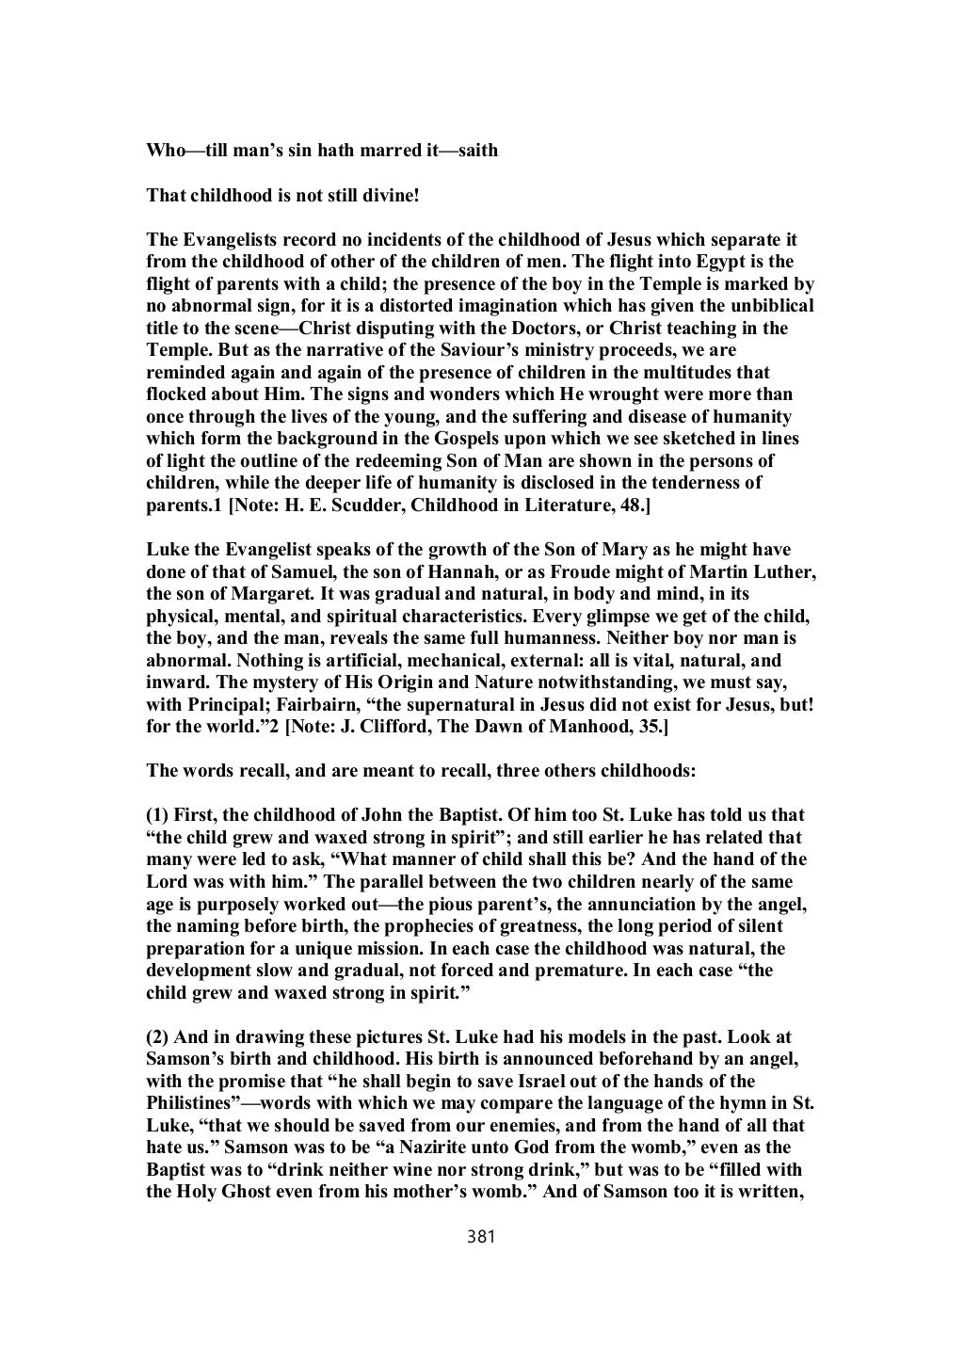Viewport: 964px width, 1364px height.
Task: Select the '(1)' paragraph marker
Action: (158, 815)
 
